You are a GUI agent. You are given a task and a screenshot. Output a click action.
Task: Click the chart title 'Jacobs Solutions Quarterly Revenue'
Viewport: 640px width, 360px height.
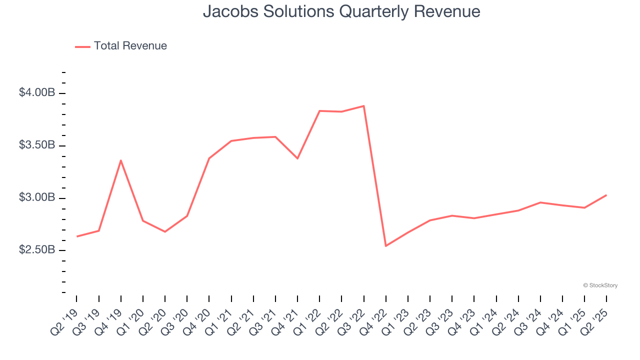point(341,11)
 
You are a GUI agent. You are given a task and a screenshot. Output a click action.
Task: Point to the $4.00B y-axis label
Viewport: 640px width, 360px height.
point(37,93)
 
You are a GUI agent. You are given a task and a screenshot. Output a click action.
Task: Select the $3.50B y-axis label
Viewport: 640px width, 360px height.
point(37,145)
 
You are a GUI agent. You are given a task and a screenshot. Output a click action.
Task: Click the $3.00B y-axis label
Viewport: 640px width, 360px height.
point(37,198)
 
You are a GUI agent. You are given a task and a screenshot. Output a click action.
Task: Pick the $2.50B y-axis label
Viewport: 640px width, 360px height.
point(37,250)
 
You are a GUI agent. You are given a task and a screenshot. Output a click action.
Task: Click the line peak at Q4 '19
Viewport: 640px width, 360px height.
point(121,160)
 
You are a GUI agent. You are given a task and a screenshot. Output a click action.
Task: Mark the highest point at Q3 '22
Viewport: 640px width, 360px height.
point(363,106)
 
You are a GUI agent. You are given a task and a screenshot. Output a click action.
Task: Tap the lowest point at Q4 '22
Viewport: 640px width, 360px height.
point(386,246)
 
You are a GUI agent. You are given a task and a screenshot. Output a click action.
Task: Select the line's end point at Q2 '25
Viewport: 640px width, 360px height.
point(606,195)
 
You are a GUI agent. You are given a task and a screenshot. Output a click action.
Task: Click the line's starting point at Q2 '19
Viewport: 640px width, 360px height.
point(76,236)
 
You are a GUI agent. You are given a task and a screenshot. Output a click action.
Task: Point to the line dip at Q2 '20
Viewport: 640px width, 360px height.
point(165,231)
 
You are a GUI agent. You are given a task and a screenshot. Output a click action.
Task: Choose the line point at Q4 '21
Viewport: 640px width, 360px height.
point(297,158)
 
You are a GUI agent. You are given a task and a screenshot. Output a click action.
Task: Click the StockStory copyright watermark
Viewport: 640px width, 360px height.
point(600,285)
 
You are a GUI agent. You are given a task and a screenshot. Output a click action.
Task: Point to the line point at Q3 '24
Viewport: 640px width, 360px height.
point(540,202)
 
